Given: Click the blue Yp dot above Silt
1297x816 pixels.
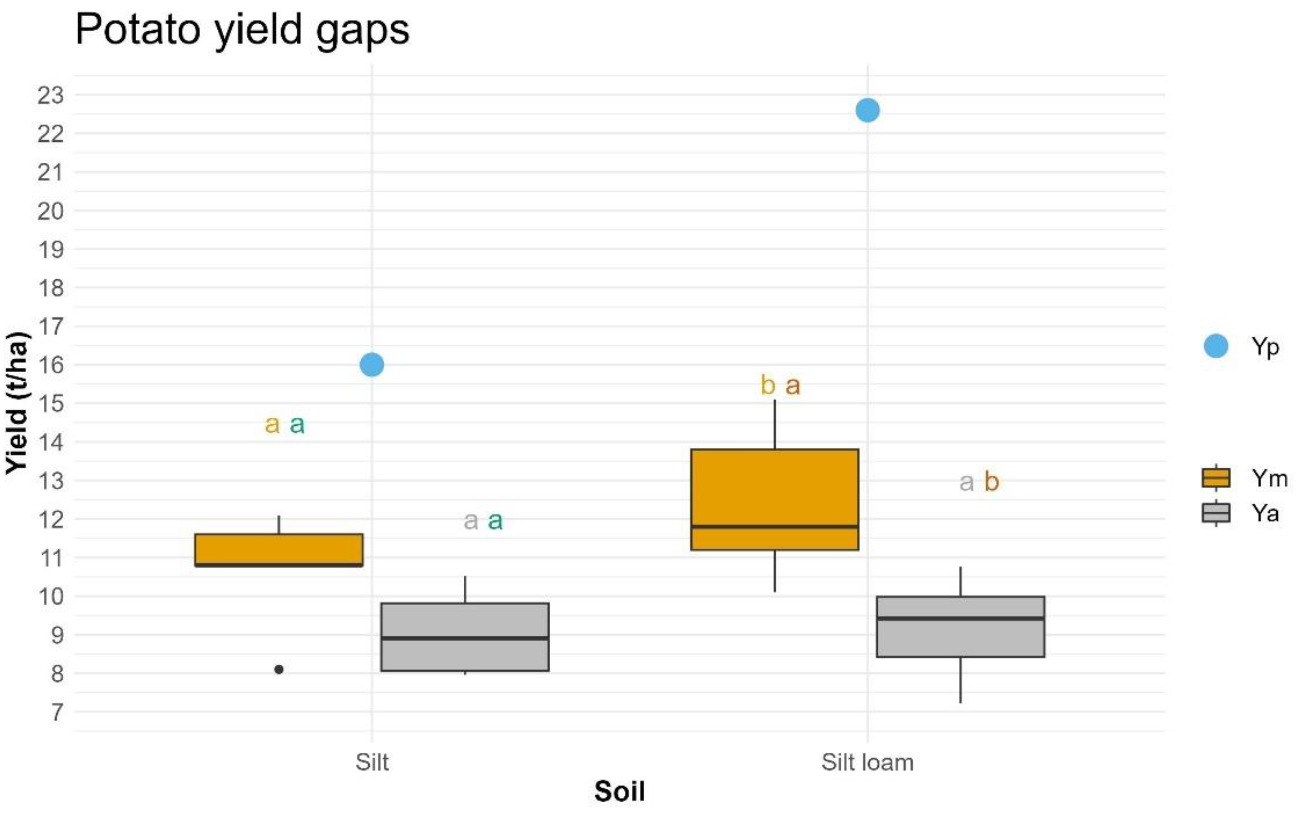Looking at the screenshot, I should coord(372,365).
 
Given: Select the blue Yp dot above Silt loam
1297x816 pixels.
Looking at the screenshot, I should coord(868,110).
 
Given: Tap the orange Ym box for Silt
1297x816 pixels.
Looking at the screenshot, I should coord(278,550).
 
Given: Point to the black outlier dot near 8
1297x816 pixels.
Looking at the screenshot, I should coord(279,670).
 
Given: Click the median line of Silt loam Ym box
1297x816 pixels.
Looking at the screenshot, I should coord(774,527).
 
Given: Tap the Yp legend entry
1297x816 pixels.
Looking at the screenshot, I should coord(1239,346).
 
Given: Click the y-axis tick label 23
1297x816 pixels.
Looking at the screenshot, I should coord(51,95).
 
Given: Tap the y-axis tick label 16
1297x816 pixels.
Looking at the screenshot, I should coord(51,365).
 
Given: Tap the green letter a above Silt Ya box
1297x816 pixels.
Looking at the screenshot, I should coord(495,521).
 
